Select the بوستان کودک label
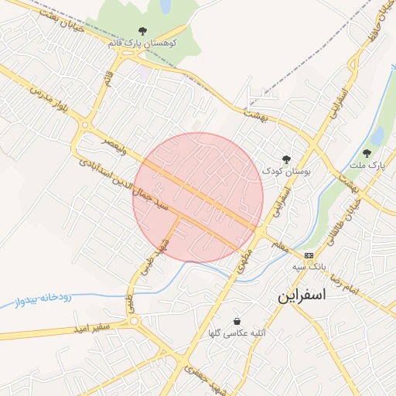click(285, 172)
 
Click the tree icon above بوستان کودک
click(286, 159)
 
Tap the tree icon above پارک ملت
click(367, 153)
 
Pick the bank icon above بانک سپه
click(309, 255)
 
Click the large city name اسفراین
click(302, 295)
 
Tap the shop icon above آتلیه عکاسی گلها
click(236, 321)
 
